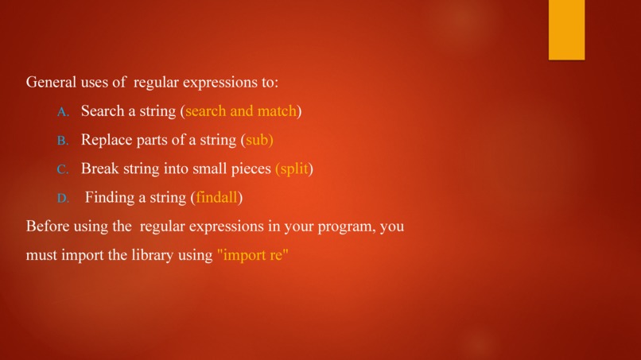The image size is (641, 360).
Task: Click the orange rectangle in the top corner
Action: click(x=566, y=29)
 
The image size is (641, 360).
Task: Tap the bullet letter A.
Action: click(x=64, y=112)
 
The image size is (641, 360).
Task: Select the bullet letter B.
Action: click(x=64, y=141)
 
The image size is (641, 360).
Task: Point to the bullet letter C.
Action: click(x=64, y=169)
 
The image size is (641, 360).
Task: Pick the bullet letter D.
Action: click(x=64, y=198)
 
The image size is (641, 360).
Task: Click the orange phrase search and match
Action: click(x=240, y=111)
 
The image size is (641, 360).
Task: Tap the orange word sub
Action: click(x=258, y=140)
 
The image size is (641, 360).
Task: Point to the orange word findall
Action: click(x=216, y=197)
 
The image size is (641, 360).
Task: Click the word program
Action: click(x=346, y=227)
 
